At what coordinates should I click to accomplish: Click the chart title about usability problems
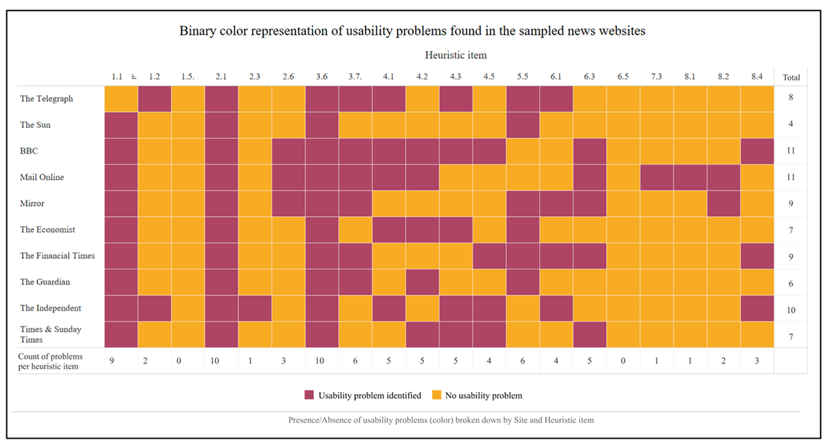point(412,31)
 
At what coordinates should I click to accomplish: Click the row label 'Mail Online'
point(42,177)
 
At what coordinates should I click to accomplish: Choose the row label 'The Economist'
point(47,229)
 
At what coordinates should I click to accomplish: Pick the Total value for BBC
point(791,151)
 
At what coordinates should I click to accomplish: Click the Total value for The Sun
point(791,125)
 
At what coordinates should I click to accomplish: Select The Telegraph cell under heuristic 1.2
point(154,98)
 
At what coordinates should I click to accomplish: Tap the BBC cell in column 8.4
point(756,151)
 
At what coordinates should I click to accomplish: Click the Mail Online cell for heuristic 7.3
point(656,177)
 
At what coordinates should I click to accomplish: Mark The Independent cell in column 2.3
point(255,308)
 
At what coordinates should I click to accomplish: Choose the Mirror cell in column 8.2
point(723,203)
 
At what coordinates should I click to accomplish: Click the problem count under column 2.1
point(221,360)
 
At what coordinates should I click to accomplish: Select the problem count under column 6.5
point(623,360)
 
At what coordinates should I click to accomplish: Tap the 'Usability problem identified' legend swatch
point(309,395)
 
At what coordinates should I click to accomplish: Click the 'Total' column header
point(791,77)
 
